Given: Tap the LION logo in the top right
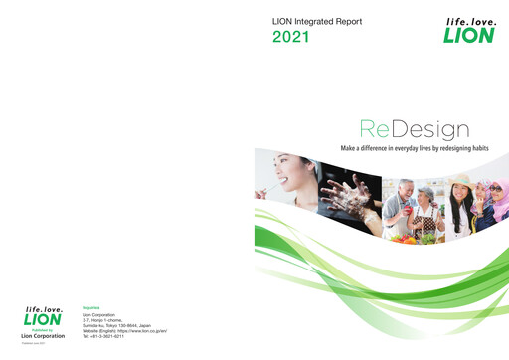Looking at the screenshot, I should [466, 31].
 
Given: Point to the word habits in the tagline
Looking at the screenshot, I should [482, 147].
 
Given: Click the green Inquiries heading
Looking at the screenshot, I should [90, 307].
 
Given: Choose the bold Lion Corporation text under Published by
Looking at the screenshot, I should [42, 336].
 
